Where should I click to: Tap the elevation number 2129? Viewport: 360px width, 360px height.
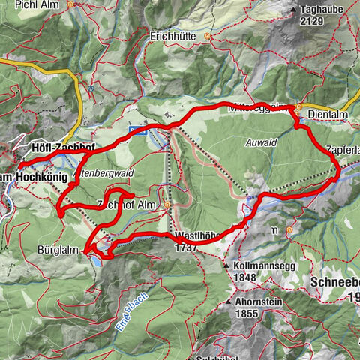311,20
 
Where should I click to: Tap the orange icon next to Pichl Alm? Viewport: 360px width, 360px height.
70,4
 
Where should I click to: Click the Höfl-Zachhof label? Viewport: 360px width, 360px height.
61,148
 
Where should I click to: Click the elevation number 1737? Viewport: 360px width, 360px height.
185,246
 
